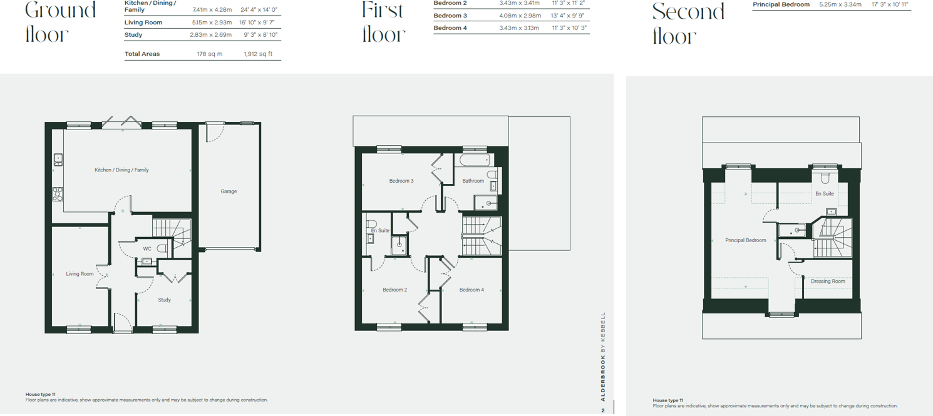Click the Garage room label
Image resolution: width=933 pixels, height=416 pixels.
[x=229, y=191]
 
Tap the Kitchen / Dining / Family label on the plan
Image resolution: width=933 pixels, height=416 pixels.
[x=121, y=170]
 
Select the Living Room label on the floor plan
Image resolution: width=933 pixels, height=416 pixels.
[x=80, y=274]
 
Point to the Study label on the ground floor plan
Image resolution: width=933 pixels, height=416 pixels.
[x=164, y=300]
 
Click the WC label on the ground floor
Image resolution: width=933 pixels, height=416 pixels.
[x=147, y=249]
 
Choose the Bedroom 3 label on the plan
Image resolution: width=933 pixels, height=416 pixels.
[x=401, y=181]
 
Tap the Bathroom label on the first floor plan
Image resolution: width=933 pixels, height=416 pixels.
[x=473, y=181]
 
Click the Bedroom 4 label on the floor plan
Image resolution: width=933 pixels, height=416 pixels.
[x=472, y=290]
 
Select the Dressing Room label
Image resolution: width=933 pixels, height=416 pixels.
[x=828, y=282]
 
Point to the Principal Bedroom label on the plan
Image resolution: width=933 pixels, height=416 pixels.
[x=746, y=240]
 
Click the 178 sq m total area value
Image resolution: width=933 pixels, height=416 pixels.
[x=210, y=54]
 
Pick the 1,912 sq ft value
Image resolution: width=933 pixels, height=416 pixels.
[x=258, y=54]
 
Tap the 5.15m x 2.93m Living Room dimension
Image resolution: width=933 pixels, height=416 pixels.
[x=212, y=23]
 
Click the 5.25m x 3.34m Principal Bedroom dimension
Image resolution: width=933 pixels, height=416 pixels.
[x=840, y=5]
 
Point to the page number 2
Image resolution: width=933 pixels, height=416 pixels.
[x=602, y=410]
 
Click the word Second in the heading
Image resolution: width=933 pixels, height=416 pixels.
[x=688, y=13]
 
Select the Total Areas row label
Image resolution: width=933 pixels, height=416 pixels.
[x=142, y=54]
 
